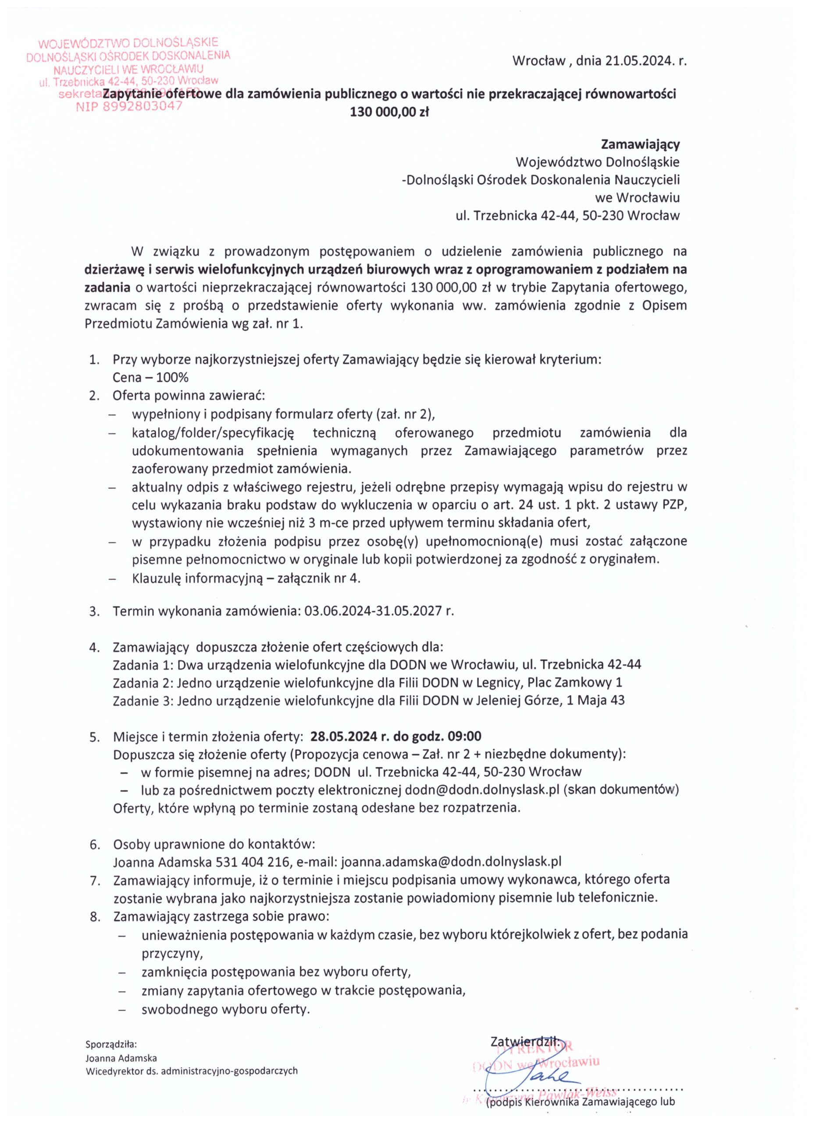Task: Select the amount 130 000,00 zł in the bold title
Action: (389, 112)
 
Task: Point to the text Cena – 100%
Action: (150, 377)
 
